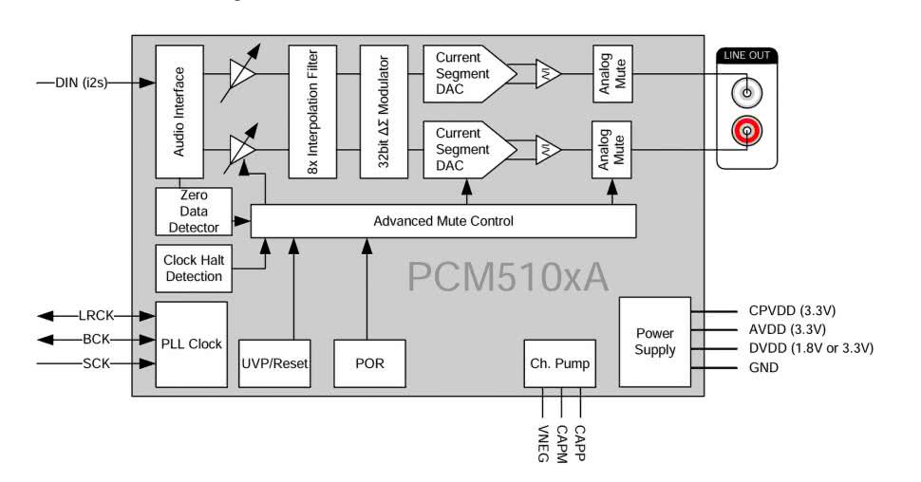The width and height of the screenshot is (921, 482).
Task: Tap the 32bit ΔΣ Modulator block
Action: pos(384,110)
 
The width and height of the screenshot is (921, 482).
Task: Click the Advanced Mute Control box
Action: pos(442,221)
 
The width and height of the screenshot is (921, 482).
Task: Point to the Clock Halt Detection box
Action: pos(193,268)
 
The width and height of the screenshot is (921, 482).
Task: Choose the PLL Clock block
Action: pos(191,343)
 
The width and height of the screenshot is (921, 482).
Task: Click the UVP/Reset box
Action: pos(274,362)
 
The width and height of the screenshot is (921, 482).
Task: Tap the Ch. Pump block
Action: pos(560,362)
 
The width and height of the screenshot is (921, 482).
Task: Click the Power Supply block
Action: pos(655,342)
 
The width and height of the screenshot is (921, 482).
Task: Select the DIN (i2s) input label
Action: pos(82,83)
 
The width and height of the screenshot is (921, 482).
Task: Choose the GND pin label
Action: pos(762,367)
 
